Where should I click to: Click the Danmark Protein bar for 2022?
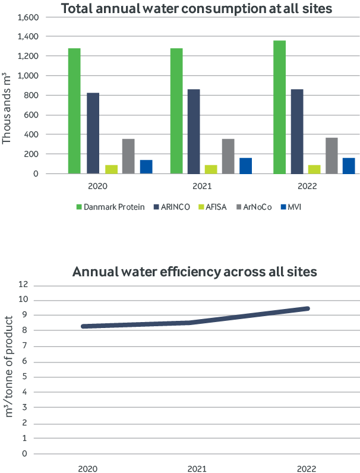pos(279,107)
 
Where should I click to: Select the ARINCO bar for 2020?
pos(93,133)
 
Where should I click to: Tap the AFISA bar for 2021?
pos(210,169)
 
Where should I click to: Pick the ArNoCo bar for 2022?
pos(331,155)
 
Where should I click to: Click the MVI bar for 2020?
pos(146,166)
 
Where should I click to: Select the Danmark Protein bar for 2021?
pos(176,111)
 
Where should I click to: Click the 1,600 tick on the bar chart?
pos(29,17)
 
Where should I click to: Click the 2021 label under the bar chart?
pos(203,187)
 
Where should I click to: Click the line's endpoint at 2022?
pos(308,308)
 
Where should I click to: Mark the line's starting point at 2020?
pos(83,326)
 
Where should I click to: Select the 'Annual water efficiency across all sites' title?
pos(195,273)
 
